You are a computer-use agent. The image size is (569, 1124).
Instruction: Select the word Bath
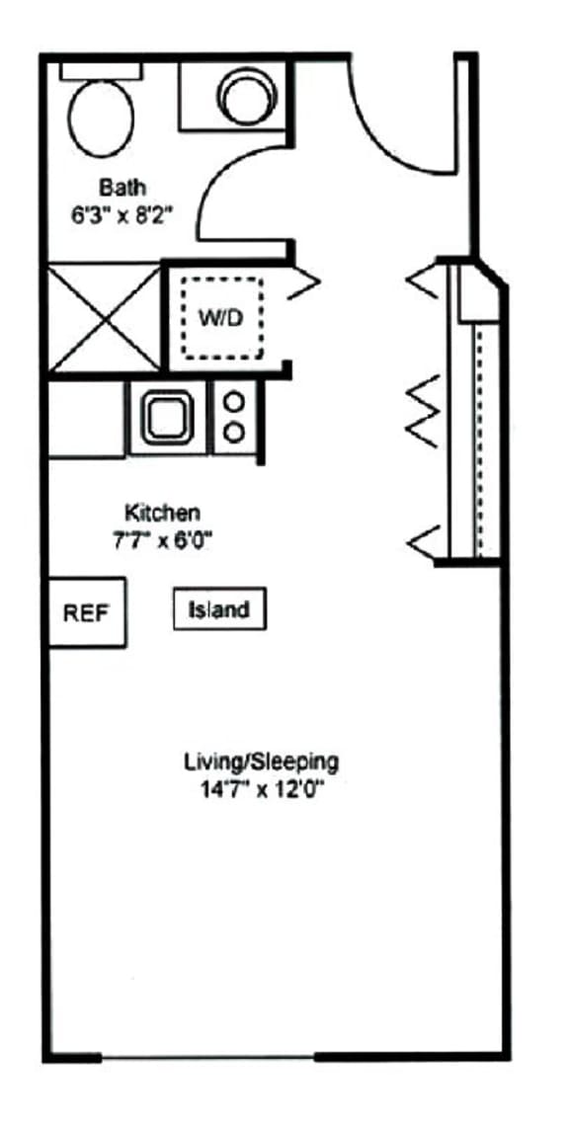(x=122, y=187)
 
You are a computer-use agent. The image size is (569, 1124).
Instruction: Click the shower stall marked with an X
(x=104, y=318)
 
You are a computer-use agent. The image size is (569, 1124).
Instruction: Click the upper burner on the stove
(x=234, y=401)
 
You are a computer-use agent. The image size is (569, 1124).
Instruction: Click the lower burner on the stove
(x=234, y=432)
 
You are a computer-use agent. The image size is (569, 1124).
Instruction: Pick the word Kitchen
(x=162, y=513)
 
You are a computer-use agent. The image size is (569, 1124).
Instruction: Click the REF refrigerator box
(x=87, y=612)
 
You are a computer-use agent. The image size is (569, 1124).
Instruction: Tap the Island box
(x=219, y=609)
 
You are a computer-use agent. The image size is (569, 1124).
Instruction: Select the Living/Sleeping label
(x=262, y=762)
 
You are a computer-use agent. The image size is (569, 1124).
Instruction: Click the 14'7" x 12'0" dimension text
(x=261, y=789)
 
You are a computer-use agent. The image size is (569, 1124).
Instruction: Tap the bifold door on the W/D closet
(x=306, y=282)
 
